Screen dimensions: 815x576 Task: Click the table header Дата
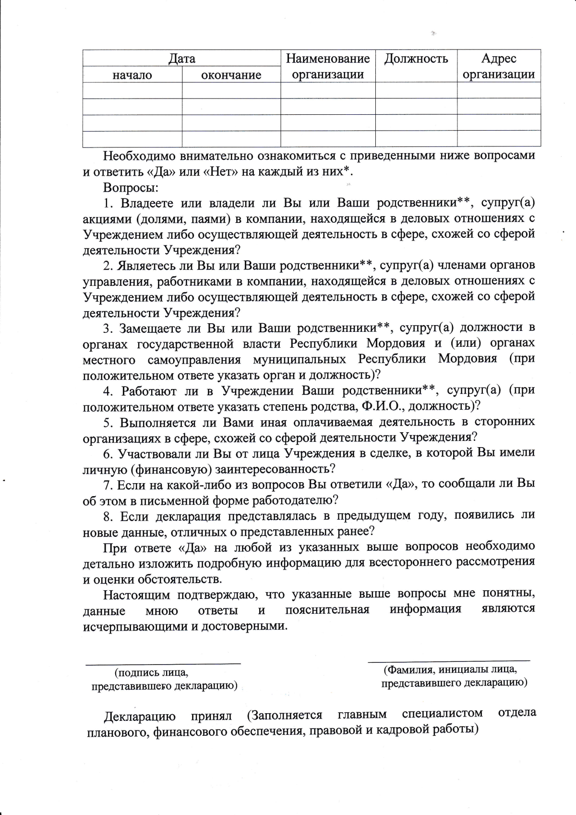181,59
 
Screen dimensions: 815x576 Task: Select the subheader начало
132,75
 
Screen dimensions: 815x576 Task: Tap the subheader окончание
231,75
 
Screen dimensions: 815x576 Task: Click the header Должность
416,59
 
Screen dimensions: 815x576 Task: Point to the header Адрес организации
499,66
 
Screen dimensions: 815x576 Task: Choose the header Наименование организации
328,66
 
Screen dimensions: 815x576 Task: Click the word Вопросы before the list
131,187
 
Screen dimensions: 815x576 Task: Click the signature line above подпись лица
163,664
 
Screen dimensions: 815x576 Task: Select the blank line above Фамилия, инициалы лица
449,661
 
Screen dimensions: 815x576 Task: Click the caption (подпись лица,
151,673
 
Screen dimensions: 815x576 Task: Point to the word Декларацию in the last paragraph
140,717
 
